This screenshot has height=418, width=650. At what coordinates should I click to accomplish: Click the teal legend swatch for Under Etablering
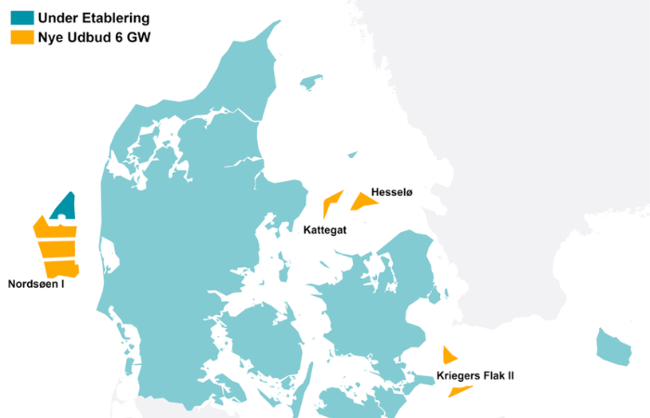pyautogui.click(x=21, y=18)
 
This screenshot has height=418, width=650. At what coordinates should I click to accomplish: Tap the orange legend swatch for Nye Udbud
pyautogui.click(x=21, y=37)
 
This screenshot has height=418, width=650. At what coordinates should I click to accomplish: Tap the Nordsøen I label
pyautogui.click(x=36, y=284)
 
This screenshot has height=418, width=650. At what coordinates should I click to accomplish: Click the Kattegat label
pyautogui.click(x=325, y=229)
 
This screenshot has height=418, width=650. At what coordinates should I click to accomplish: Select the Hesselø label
pyautogui.click(x=391, y=192)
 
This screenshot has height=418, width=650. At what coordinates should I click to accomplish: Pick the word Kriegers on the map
pyautogui.click(x=459, y=376)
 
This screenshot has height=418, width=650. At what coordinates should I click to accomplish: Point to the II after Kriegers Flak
pyautogui.click(x=509, y=376)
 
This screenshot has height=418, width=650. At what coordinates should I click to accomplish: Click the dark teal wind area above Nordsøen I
pyautogui.click(x=64, y=206)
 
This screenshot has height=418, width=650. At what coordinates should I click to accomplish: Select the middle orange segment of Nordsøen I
pyautogui.click(x=56, y=249)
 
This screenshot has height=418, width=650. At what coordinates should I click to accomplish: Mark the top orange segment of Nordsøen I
pyautogui.click(x=54, y=229)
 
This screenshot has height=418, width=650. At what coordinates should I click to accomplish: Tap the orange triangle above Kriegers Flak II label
pyautogui.click(x=448, y=355)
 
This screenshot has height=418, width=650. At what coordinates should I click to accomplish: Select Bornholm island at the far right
pyautogui.click(x=613, y=346)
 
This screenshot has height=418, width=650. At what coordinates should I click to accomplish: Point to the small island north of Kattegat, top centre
pyautogui.click(x=311, y=84)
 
